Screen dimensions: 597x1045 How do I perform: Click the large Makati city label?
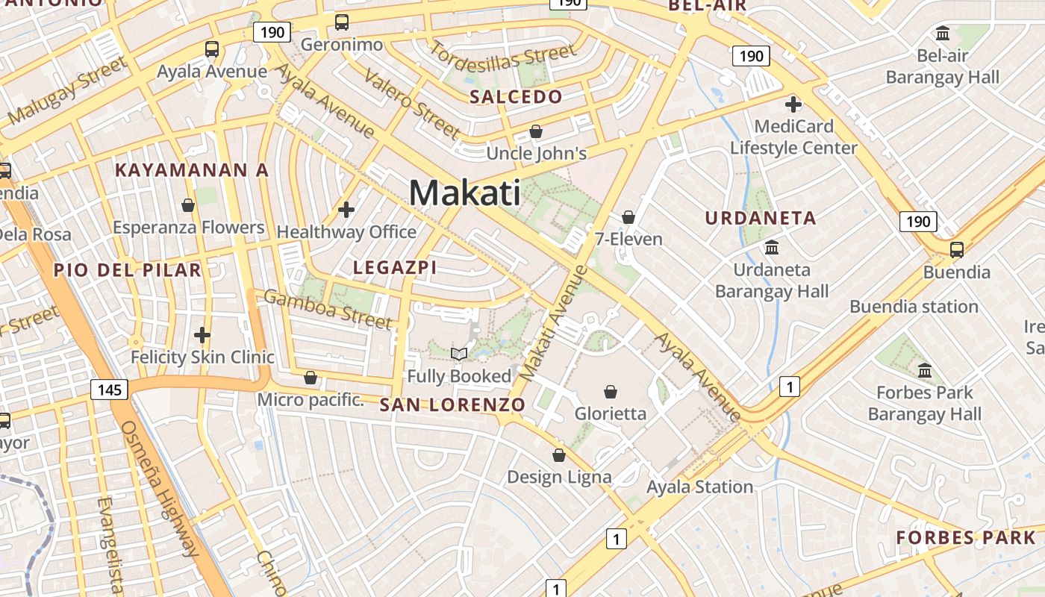464,193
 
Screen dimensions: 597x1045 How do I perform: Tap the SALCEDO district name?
516,97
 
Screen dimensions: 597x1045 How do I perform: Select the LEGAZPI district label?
394,267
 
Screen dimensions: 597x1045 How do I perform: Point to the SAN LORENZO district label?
452,405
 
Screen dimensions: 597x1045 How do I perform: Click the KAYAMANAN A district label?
192,170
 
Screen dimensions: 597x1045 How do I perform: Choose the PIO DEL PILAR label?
127,270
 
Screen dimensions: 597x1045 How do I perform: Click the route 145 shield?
110,389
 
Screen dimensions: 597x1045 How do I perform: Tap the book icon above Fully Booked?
459,354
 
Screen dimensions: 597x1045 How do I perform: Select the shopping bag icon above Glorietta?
611,391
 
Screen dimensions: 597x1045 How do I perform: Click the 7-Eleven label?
628,239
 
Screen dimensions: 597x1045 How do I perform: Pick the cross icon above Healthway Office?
346,210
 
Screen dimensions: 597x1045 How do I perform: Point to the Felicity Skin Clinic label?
202,357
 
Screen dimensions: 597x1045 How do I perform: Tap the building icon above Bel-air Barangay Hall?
943,34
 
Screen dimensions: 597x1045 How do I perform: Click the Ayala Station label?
699,487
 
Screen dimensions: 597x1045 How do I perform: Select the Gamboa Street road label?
328,309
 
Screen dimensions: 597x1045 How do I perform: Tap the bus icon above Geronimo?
342,22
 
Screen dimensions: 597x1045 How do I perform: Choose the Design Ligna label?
559,477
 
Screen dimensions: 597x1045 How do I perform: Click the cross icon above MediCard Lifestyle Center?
793,104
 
